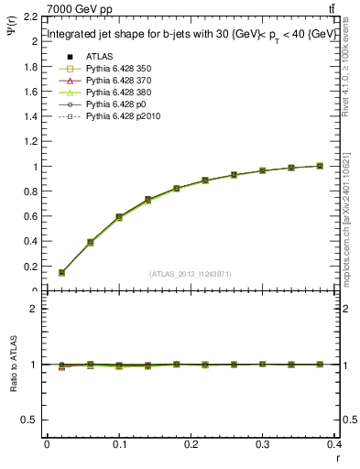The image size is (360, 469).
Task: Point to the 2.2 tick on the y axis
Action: (29, 17)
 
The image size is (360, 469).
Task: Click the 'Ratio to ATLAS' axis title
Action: (13, 365)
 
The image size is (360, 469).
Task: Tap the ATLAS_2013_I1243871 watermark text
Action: (191, 274)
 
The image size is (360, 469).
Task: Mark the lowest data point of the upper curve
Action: (61, 272)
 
